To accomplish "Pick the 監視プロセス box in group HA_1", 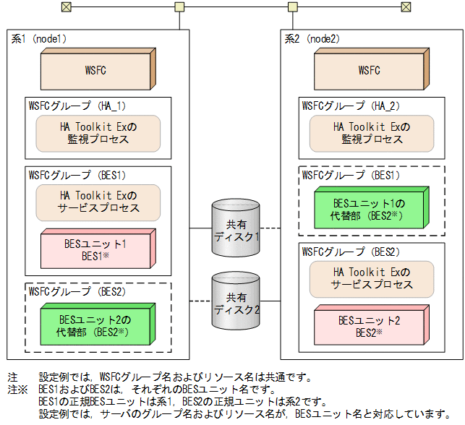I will click(98, 132).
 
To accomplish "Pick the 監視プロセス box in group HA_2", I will click(371, 132).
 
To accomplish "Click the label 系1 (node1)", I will click(40, 38).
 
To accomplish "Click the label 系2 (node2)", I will click(314, 38).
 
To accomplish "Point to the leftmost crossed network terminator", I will click(66, 7).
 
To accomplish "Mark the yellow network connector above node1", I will click(179, 7).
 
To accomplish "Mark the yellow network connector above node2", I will click(293, 7).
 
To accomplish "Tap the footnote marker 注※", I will click(16, 389).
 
